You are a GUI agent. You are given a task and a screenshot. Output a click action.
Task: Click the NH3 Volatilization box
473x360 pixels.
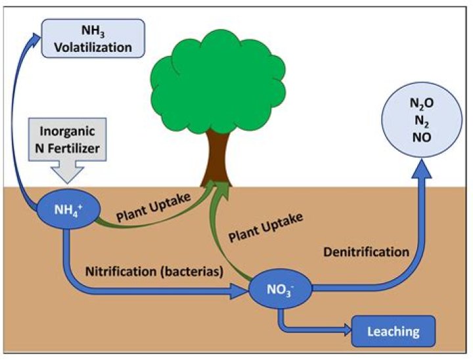click(93, 38)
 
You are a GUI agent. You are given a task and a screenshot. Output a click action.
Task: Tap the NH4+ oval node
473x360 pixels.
click(68, 210)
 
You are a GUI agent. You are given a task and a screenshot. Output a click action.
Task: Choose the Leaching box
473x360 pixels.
click(394, 331)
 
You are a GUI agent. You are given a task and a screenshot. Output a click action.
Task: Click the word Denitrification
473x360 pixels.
click(366, 252)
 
